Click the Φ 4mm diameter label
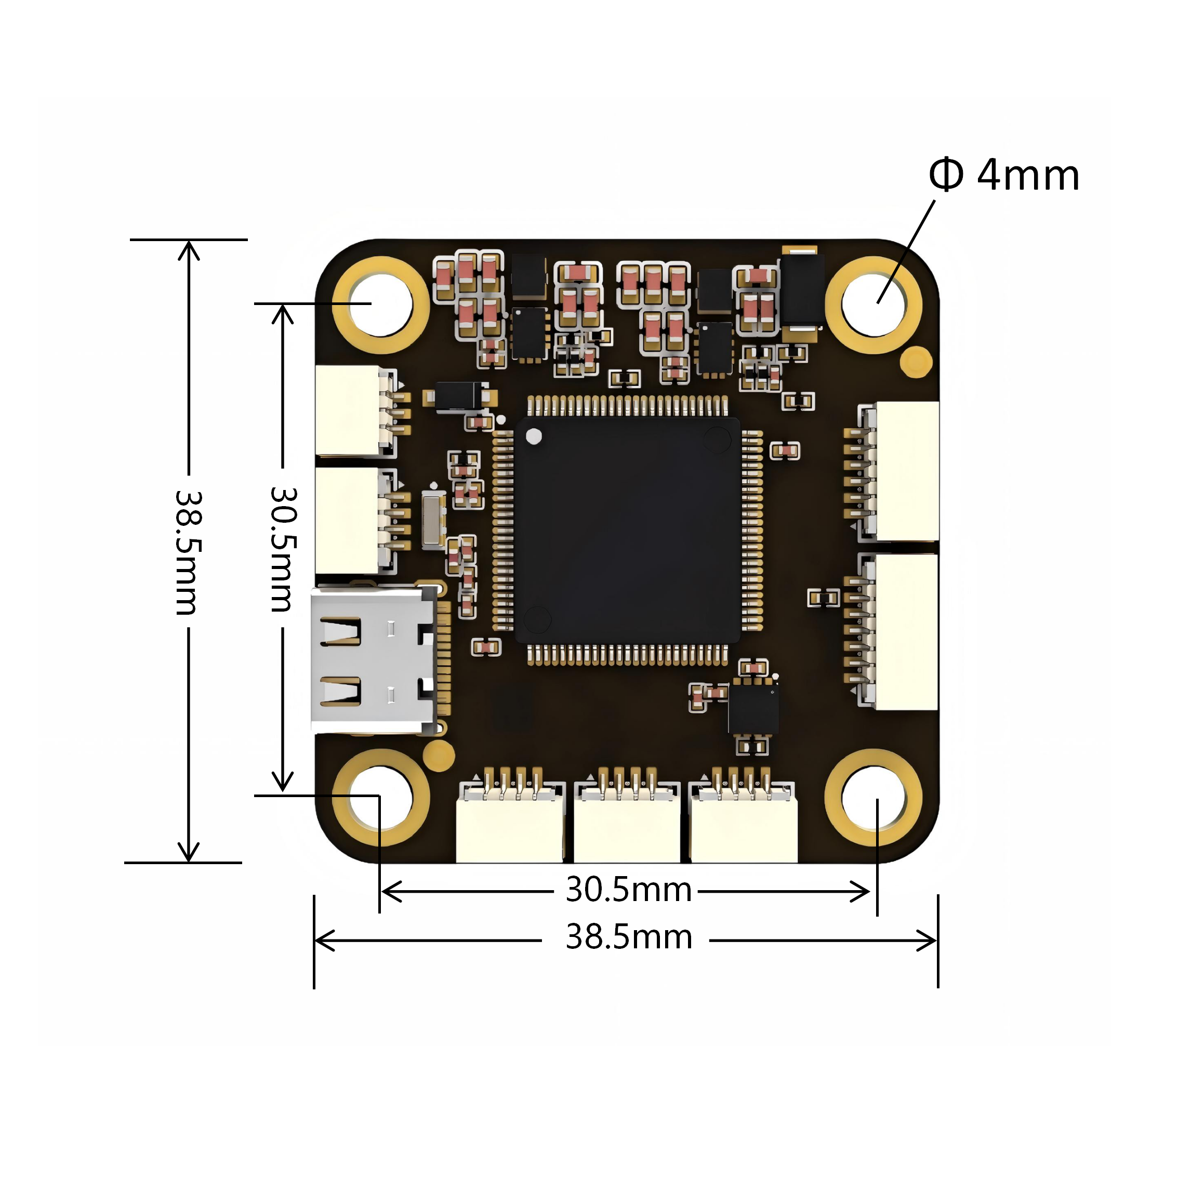click(x=1003, y=176)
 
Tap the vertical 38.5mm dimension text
click(x=189, y=552)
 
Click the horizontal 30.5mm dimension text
click(x=629, y=890)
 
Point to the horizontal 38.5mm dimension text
click(x=629, y=937)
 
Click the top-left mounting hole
click(x=381, y=305)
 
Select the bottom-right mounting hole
click(x=873, y=798)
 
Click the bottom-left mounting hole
click(x=381, y=798)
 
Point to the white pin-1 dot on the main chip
click(x=534, y=436)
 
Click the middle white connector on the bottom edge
click(x=627, y=829)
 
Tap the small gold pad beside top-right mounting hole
click(x=916, y=362)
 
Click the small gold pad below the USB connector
click(x=439, y=755)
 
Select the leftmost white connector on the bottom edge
click(x=510, y=829)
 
